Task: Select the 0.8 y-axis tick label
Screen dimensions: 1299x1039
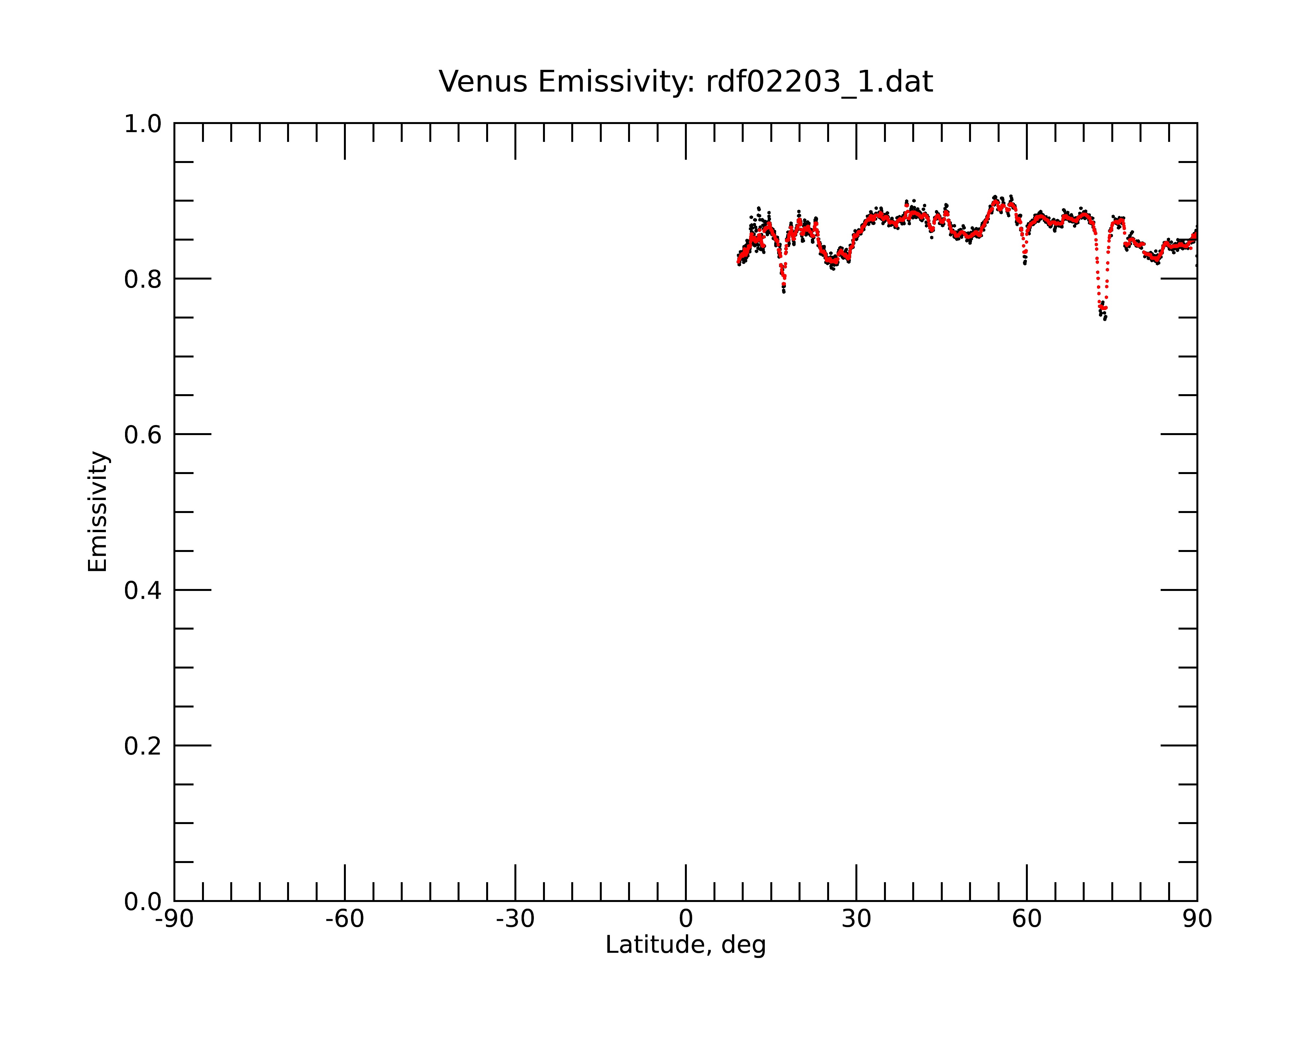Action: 143,280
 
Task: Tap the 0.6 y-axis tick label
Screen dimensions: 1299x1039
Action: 143,435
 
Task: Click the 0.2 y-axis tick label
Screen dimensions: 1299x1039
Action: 143,746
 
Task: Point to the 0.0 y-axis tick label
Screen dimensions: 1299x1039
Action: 143,902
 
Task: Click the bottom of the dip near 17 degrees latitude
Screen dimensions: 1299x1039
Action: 783,292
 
